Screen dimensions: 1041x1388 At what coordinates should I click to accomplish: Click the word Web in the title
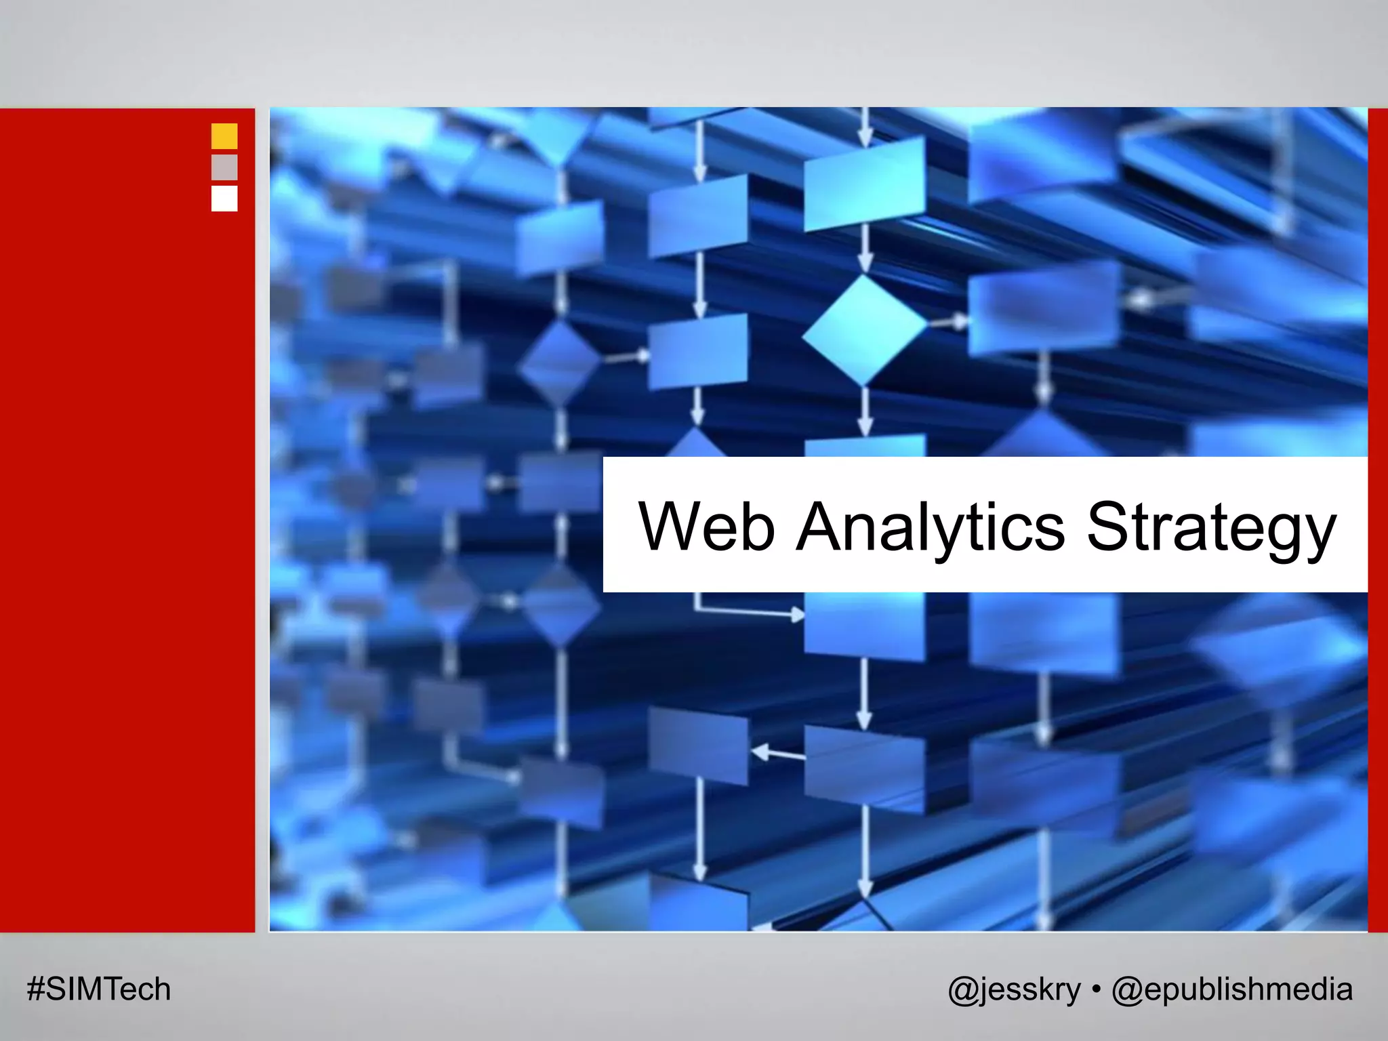click(x=706, y=527)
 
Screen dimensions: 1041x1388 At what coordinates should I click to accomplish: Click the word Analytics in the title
click(x=930, y=527)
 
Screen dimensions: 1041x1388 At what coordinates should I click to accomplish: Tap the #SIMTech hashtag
click(x=99, y=989)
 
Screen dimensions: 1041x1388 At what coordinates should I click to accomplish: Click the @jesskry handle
click(x=1014, y=989)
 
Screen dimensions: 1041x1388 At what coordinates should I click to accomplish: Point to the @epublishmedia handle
click(x=1231, y=989)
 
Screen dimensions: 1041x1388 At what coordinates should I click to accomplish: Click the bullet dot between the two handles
click(x=1096, y=989)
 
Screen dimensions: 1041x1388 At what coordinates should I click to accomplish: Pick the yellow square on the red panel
click(x=224, y=136)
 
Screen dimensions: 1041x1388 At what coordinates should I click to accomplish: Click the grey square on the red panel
click(x=224, y=167)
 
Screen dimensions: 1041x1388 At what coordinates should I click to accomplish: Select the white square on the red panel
click(x=224, y=199)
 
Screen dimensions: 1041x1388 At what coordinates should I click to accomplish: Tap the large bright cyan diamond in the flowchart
click(x=864, y=330)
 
